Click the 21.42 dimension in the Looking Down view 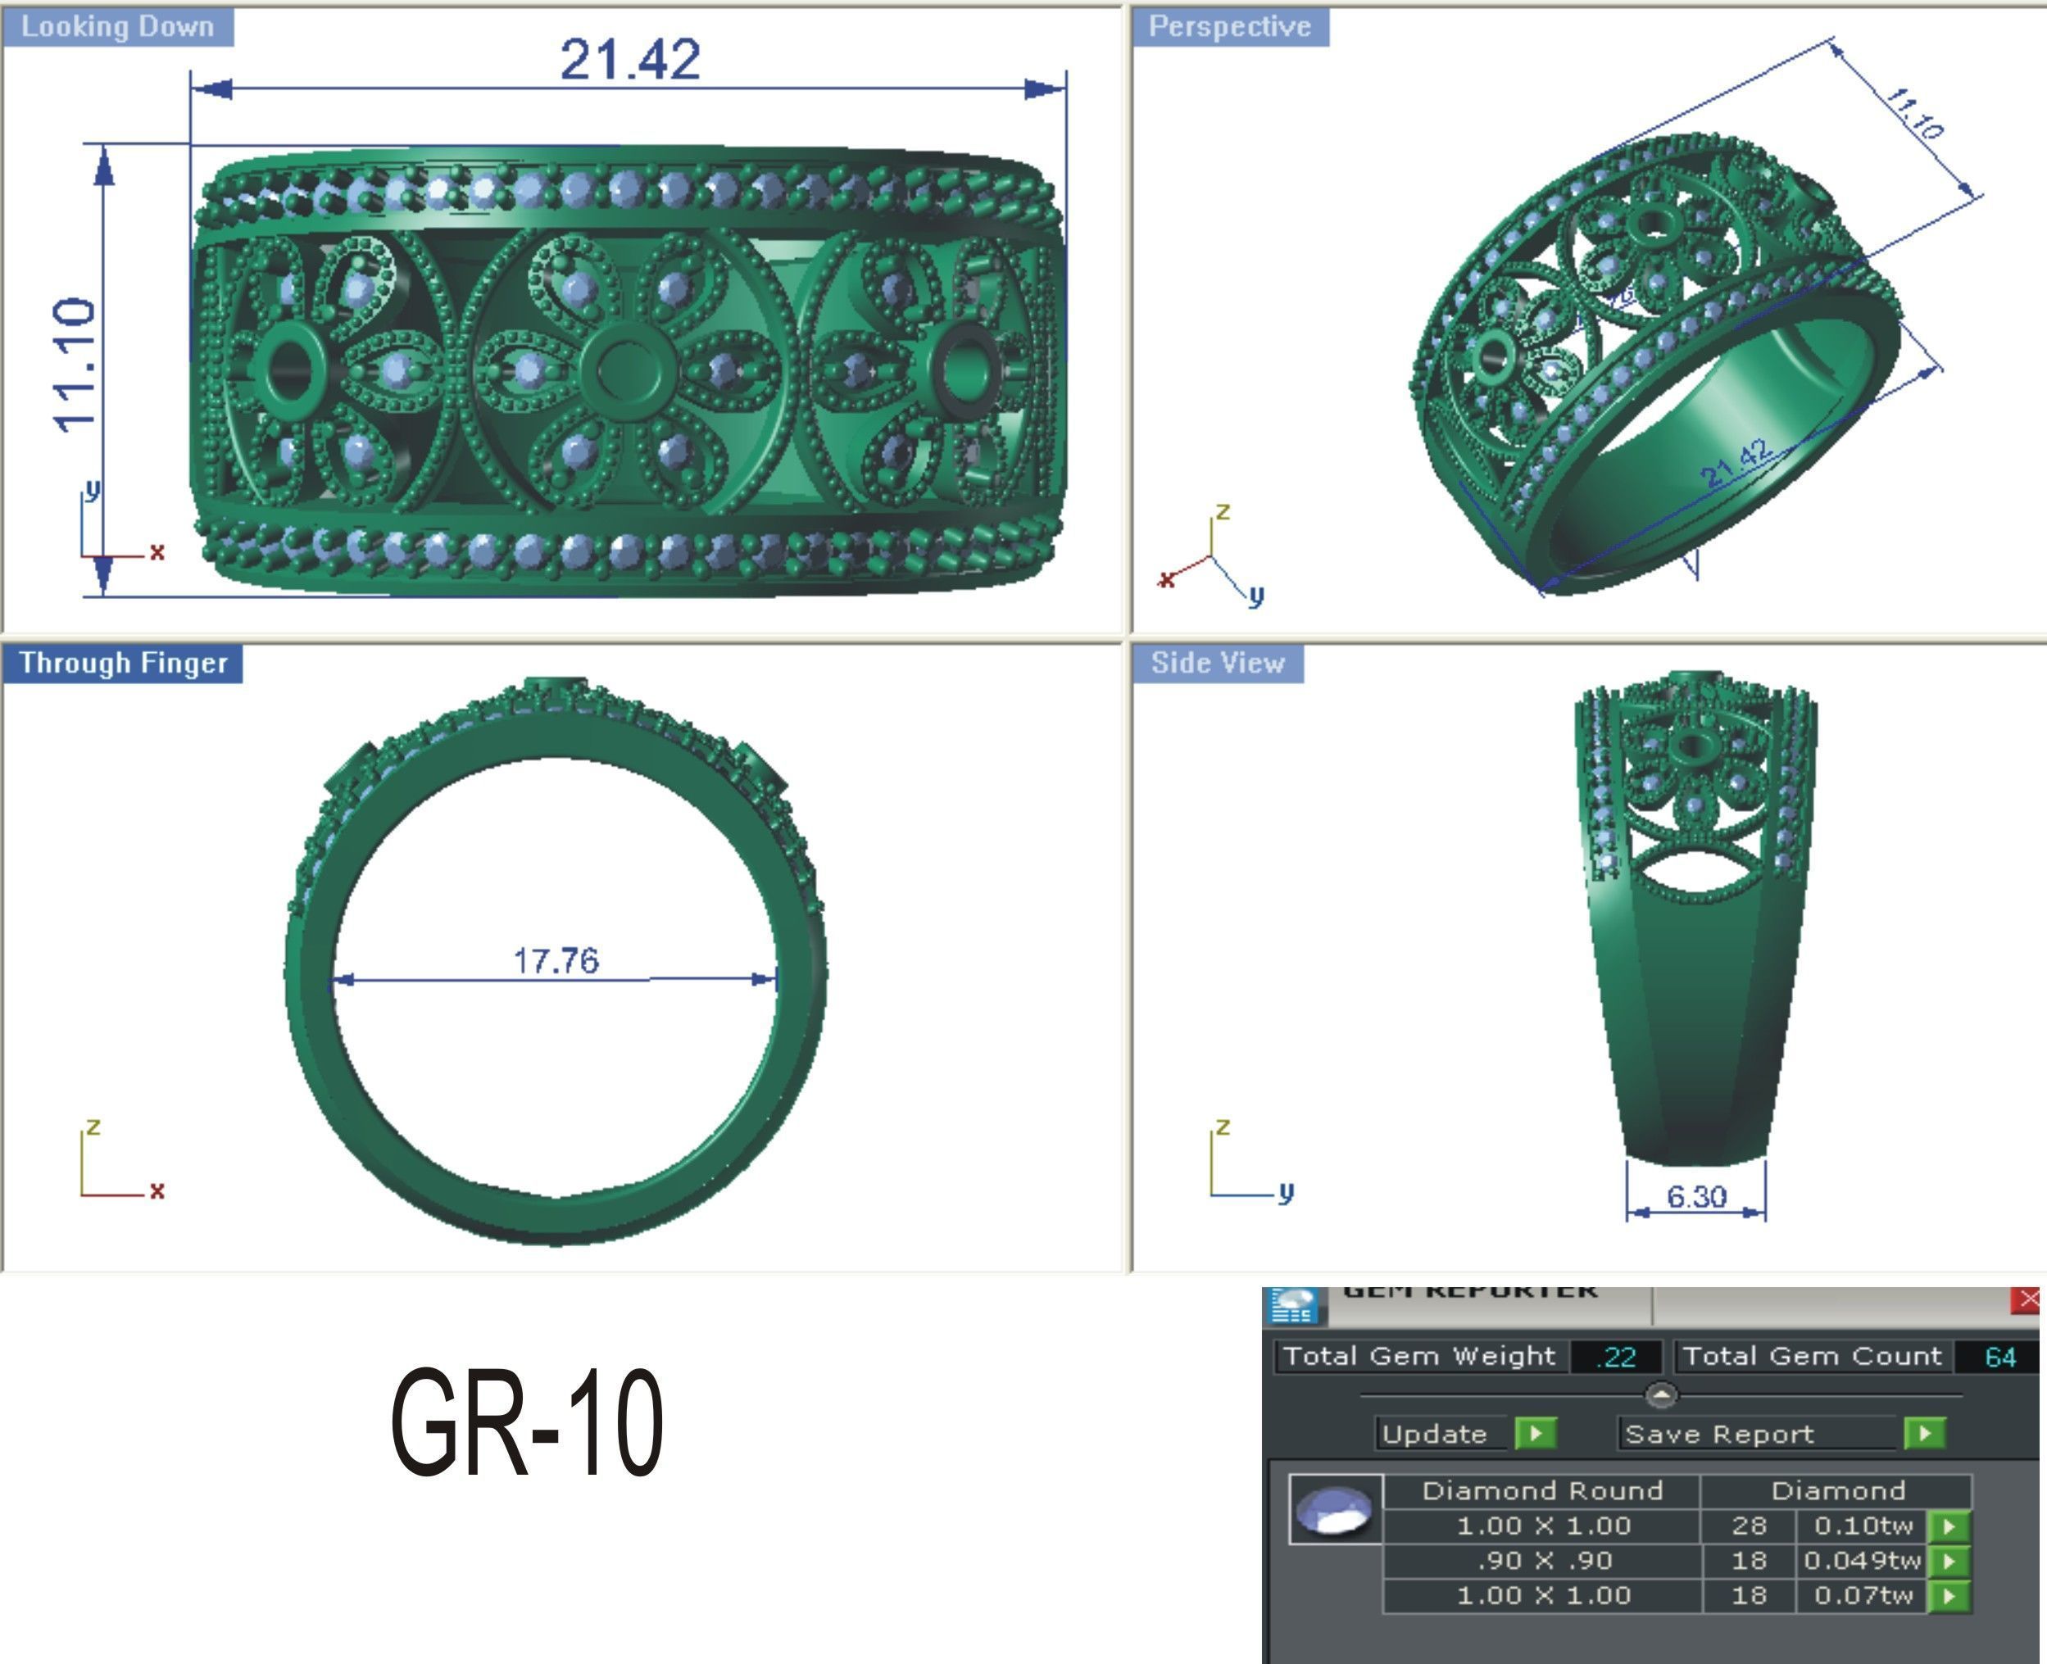630,60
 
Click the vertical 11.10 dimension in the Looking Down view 75,365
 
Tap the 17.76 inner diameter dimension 556,959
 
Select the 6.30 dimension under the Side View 1696,1196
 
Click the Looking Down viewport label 117,26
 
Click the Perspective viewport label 1229,26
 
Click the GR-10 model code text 526,1422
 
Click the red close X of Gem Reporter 2028,1299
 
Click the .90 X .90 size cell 1544,1561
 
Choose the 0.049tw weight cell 1862,1561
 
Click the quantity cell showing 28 1749,1525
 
